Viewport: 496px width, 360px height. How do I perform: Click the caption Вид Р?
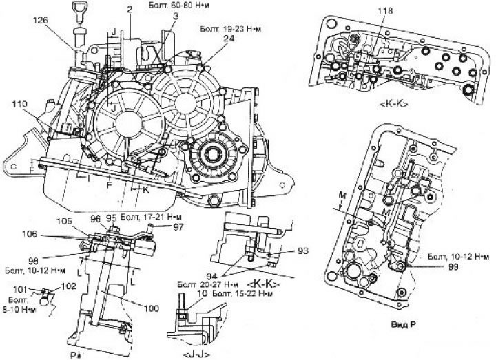(x=400, y=322)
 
